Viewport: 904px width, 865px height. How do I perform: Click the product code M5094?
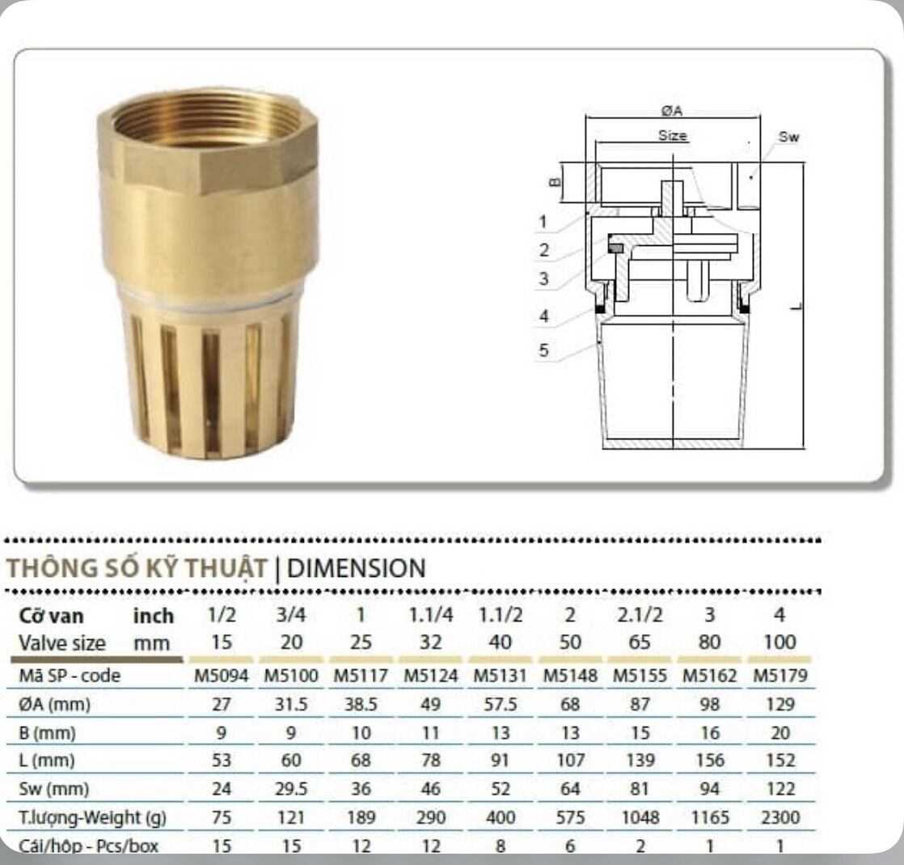[x=222, y=675]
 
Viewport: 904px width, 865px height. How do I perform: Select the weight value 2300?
[x=780, y=817]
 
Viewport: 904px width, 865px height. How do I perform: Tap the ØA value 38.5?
[x=361, y=704]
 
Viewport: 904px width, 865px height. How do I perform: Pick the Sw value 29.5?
[x=291, y=789]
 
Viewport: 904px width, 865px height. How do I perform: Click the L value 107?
[x=570, y=760]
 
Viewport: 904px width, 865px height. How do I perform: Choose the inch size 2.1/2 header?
[x=640, y=615]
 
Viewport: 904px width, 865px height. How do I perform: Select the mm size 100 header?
[x=780, y=642]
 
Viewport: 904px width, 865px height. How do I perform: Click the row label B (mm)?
[x=47, y=733]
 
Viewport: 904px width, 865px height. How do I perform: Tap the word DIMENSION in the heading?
[x=357, y=568]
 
